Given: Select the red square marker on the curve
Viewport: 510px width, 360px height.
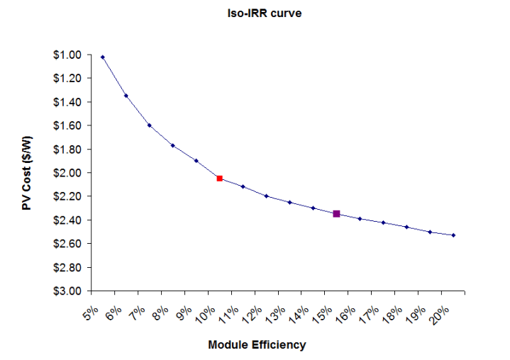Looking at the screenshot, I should [220, 179].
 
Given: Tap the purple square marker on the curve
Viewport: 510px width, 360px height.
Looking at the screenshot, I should [336, 213].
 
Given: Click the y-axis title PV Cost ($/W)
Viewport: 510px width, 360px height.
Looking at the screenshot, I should [26, 172].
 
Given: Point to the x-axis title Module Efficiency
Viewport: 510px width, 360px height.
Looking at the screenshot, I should [257, 345].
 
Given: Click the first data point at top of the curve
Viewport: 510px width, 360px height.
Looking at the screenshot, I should [103, 57].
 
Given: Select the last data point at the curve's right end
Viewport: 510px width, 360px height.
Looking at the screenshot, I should [453, 235].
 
